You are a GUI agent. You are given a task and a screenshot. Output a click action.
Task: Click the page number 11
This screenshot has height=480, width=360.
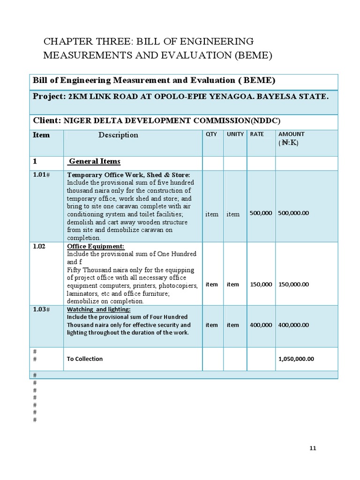point(313,448)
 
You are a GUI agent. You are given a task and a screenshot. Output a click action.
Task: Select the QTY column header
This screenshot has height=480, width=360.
point(211,134)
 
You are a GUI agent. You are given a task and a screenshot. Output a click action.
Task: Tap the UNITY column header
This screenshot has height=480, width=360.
point(235,134)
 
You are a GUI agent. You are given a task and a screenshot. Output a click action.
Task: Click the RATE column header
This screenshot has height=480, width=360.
point(257,134)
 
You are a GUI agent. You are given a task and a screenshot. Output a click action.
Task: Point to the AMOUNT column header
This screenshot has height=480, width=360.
point(292,134)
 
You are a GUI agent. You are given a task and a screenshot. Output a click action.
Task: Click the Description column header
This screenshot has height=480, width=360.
point(118,135)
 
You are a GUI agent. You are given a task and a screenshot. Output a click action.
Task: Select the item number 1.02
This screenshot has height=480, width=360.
point(39,246)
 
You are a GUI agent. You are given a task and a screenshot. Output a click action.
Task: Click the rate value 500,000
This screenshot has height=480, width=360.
point(261,213)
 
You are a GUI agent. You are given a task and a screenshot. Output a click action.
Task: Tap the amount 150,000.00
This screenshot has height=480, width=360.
point(293,285)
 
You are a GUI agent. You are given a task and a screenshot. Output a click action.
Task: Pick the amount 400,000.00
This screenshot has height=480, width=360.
point(293,325)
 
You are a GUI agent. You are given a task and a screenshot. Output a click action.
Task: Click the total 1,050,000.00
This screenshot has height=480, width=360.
point(296,359)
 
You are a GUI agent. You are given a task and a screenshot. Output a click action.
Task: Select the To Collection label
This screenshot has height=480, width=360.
point(85,359)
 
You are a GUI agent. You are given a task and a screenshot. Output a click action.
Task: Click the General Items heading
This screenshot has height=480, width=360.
point(94,162)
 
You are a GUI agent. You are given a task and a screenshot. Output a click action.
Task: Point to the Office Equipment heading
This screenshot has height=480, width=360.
point(96,247)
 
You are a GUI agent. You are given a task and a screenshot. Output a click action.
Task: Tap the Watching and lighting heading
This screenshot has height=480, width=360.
point(99,310)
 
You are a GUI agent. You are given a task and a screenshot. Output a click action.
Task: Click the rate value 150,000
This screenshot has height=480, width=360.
point(261,285)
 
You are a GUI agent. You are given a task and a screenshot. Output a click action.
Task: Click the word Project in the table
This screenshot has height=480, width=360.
point(48,97)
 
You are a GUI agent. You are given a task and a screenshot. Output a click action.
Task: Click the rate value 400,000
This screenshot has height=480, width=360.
point(261,325)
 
